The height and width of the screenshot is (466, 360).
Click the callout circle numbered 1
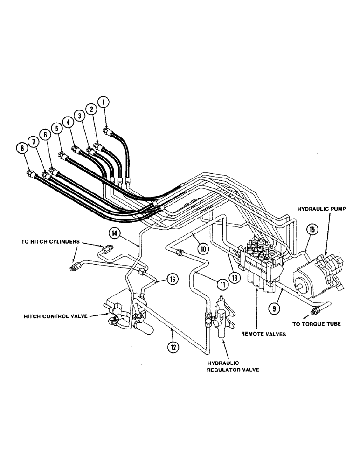104,101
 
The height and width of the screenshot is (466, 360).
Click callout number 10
203,249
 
